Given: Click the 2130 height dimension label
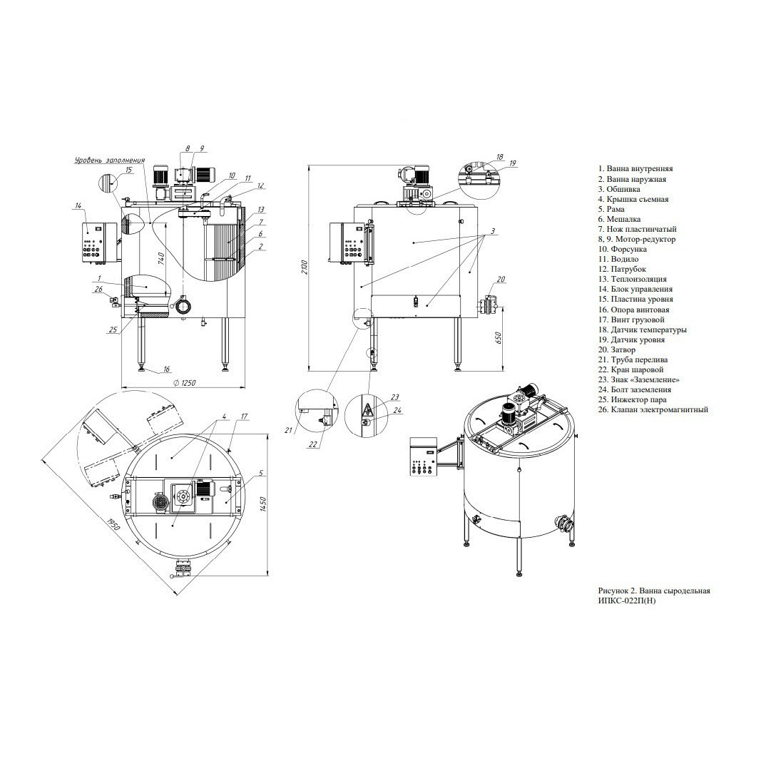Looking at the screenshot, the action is point(305,267).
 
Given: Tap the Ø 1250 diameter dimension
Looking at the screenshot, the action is point(184,383).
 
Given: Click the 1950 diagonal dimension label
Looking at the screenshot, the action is point(113,526).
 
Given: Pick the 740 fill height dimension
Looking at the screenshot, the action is point(162,260).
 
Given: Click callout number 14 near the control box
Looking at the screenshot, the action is point(78,206).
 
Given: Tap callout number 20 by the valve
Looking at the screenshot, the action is point(501,279).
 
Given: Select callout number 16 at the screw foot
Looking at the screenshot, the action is point(166,369).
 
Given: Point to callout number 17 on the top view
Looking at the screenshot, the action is point(244,417).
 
